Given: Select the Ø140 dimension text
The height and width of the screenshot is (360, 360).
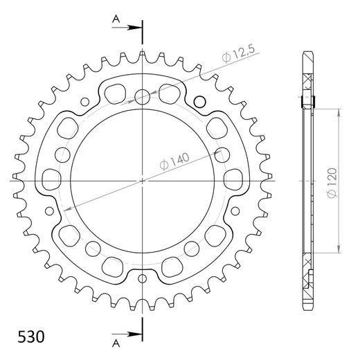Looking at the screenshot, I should pyautogui.click(x=174, y=163).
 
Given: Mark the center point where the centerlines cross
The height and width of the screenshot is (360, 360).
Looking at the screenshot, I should pyautogui.click(x=143, y=180).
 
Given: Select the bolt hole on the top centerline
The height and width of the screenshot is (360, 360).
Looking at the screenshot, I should pyautogui.click(x=143, y=96).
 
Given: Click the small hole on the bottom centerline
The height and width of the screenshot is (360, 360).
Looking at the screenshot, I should pyautogui.click(x=143, y=279).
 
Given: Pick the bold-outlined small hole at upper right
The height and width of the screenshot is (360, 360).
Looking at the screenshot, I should pyautogui.click(x=201, y=102).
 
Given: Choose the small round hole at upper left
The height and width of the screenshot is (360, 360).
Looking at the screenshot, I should pyautogui.click(x=85, y=102).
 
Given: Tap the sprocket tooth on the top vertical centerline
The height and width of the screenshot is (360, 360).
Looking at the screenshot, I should pyautogui.click(x=143, y=54).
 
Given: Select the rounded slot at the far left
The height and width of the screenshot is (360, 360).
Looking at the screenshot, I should pyautogui.click(x=51, y=180).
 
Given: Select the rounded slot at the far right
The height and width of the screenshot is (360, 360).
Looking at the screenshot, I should pyautogui.click(x=235, y=180).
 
